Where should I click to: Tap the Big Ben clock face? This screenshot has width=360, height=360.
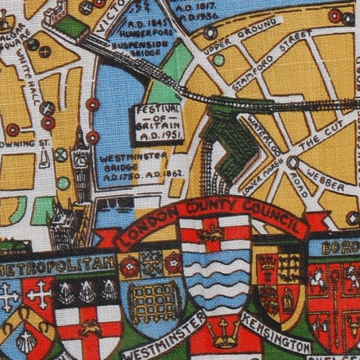point(81,160)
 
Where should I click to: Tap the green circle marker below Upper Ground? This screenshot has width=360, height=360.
point(218,60)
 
